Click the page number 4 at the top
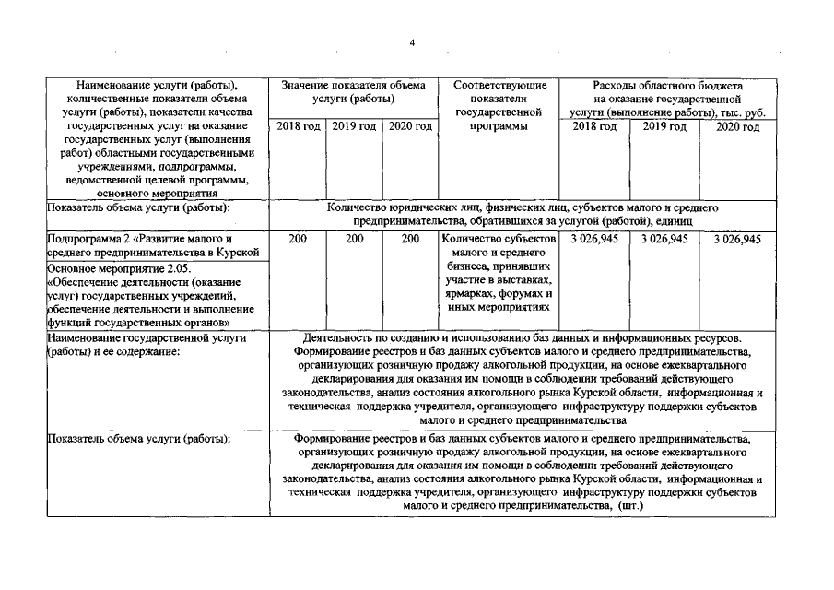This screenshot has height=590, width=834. coord(414,42)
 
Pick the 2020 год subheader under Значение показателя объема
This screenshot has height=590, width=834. coord(410,125)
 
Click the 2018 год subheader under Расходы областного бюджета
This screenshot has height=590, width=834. coord(594,125)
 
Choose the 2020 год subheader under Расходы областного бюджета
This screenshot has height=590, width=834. coord(737,125)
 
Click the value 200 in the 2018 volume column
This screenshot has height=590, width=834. coord(297,239)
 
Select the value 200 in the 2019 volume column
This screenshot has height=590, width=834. coord(354,239)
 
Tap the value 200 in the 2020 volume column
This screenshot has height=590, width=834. coord(410,239)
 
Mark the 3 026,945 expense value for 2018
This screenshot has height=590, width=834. coord(594,239)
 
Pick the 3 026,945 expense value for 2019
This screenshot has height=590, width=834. coord(664,239)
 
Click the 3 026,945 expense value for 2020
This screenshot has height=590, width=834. coord(737,239)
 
